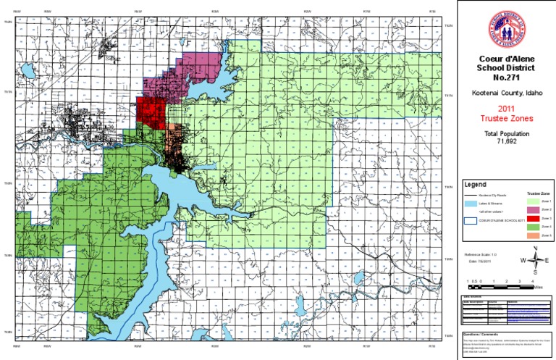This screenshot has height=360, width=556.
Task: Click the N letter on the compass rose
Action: click(535, 248)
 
